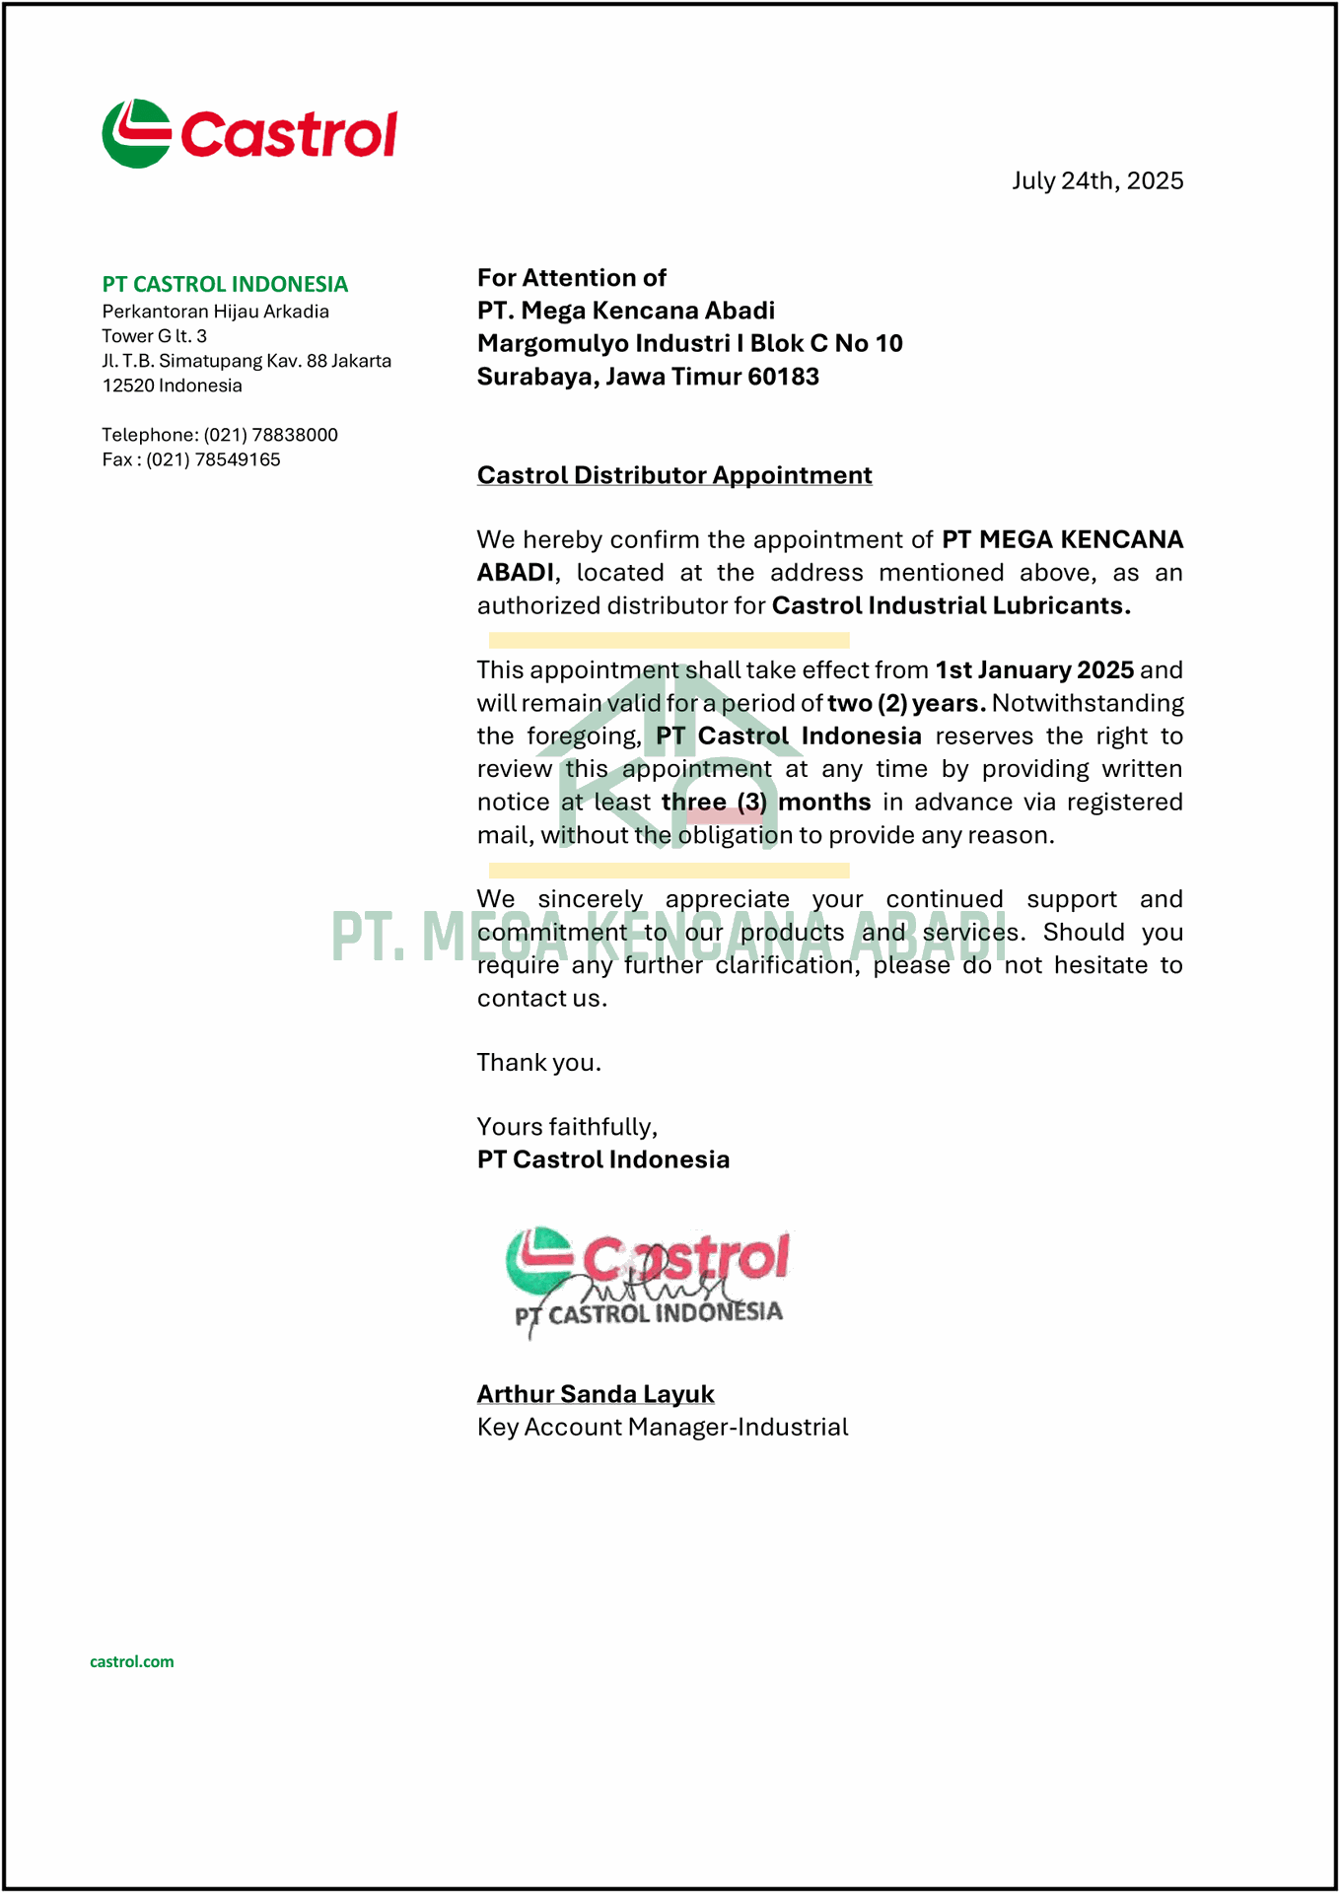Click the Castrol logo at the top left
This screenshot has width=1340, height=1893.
click(249, 133)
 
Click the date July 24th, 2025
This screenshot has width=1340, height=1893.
click(1096, 181)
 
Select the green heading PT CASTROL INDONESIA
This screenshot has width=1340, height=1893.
click(225, 285)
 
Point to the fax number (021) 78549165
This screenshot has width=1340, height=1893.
click(213, 459)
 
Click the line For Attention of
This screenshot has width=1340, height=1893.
click(571, 278)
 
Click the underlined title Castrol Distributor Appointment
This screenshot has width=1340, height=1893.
click(674, 475)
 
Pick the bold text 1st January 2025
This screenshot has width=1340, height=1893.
click(1033, 670)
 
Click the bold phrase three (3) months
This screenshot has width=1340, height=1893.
click(766, 802)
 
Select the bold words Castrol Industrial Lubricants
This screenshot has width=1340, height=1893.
click(951, 605)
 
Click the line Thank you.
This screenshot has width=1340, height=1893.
click(538, 1063)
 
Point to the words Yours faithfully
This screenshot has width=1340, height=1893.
click(567, 1127)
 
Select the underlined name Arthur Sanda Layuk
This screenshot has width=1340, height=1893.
click(596, 1394)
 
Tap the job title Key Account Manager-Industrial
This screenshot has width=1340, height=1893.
click(662, 1428)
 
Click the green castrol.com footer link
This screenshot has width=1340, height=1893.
click(132, 1661)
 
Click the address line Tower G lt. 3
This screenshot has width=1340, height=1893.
click(154, 336)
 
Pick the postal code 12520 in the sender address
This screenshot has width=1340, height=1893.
click(128, 386)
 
